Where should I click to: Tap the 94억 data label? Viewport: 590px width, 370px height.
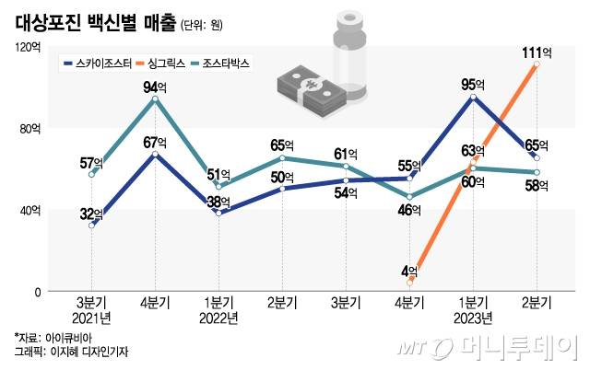[x=155, y=88]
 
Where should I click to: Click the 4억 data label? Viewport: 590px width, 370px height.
[x=410, y=270]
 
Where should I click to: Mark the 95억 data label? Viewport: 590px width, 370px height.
[x=473, y=86]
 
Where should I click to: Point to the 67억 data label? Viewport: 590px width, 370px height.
[x=155, y=143]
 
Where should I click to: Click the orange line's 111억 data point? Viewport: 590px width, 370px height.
[x=537, y=66]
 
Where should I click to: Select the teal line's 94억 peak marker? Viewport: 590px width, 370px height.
[x=155, y=98]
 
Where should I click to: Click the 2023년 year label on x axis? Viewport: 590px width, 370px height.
[x=473, y=318]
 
